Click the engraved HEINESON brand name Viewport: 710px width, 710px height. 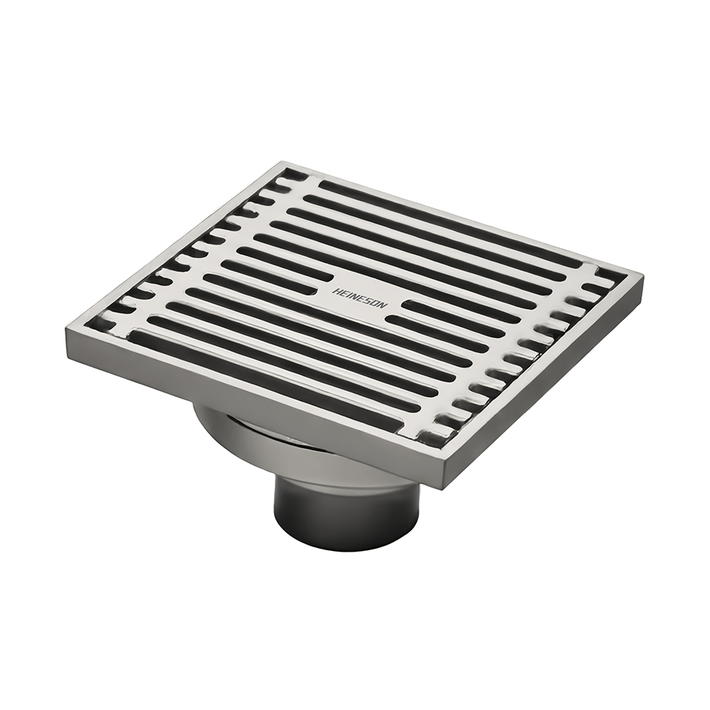pyautogui.click(x=360, y=298)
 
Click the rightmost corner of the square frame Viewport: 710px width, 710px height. pyautogui.click(x=642, y=274)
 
